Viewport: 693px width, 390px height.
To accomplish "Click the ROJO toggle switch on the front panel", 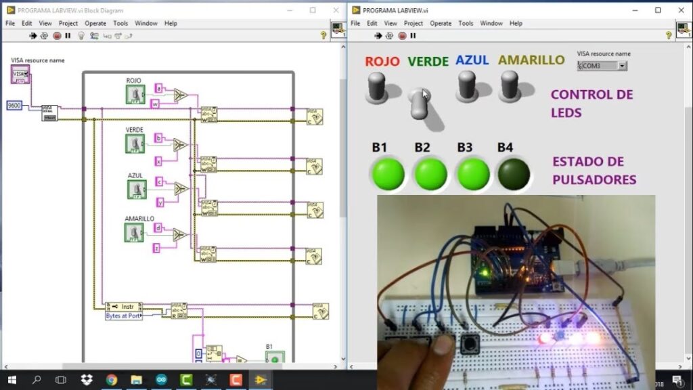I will (x=376, y=88).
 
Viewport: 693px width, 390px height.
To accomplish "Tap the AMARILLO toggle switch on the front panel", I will (x=509, y=87).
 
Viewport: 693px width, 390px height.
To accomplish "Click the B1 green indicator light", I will (x=387, y=174).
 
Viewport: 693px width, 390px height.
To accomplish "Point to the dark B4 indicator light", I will (x=514, y=174).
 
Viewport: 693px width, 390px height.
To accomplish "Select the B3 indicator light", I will (x=473, y=174).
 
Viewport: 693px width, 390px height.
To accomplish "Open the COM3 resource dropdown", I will (x=602, y=66).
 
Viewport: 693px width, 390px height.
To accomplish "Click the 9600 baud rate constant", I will (x=14, y=106).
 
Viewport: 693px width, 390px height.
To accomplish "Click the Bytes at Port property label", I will (x=124, y=316).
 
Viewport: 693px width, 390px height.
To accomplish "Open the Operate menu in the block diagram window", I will (x=95, y=23).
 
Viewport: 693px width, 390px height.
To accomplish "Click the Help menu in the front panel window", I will (x=516, y=23).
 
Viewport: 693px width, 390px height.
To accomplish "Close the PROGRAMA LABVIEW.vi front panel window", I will (x=679, y=10).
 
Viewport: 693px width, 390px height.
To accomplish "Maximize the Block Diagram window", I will (x=313, y=10).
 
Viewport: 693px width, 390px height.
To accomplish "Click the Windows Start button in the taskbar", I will (x=12, y=380).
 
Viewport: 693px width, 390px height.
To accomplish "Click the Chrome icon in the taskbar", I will (x=112, y=380).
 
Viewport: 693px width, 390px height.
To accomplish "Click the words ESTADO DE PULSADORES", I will (x=594, y=171).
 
